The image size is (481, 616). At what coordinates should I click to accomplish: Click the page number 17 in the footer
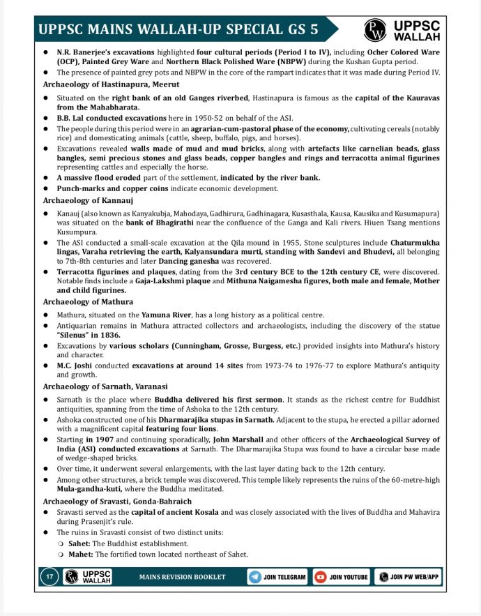pyautogui.click(x=49, y=577)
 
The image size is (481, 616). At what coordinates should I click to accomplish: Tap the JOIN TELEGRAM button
pyautogui.click(x=277, y=577)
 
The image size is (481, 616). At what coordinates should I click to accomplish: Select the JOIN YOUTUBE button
pyautogui.click(x=342, y=577)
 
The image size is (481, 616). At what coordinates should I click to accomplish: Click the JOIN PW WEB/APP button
pyautogui.click(x=408, y=577)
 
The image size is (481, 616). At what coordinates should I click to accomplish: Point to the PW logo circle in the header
pyautogui.click(x=374, y=29)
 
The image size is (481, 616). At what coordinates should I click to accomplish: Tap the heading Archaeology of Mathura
pyautogui.click(x=87, y=301)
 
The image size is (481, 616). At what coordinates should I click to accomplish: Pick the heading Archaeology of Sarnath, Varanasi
pyautogui.click(x=105, y=386)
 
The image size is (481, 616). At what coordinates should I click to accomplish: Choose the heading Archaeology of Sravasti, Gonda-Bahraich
pyautogui.click(x=116, y=501)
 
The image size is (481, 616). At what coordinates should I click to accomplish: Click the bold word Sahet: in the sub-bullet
pyautogui.click(x=80, y=543)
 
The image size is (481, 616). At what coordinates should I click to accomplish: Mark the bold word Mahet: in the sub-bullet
pyautogui.click(x=82, y=555)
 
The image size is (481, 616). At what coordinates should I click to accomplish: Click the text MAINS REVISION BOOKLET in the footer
pyautogui.click(x=183, y=578)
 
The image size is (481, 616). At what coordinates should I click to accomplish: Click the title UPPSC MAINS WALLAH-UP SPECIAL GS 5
pyautogui.click(x=178, y=29)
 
